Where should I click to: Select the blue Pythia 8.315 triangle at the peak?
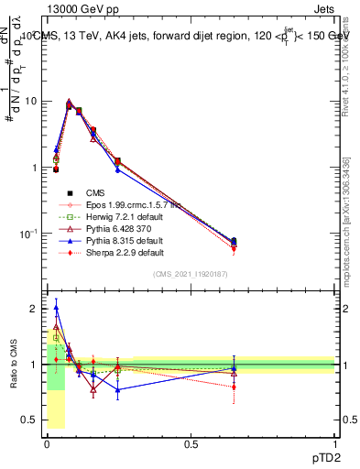69,102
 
